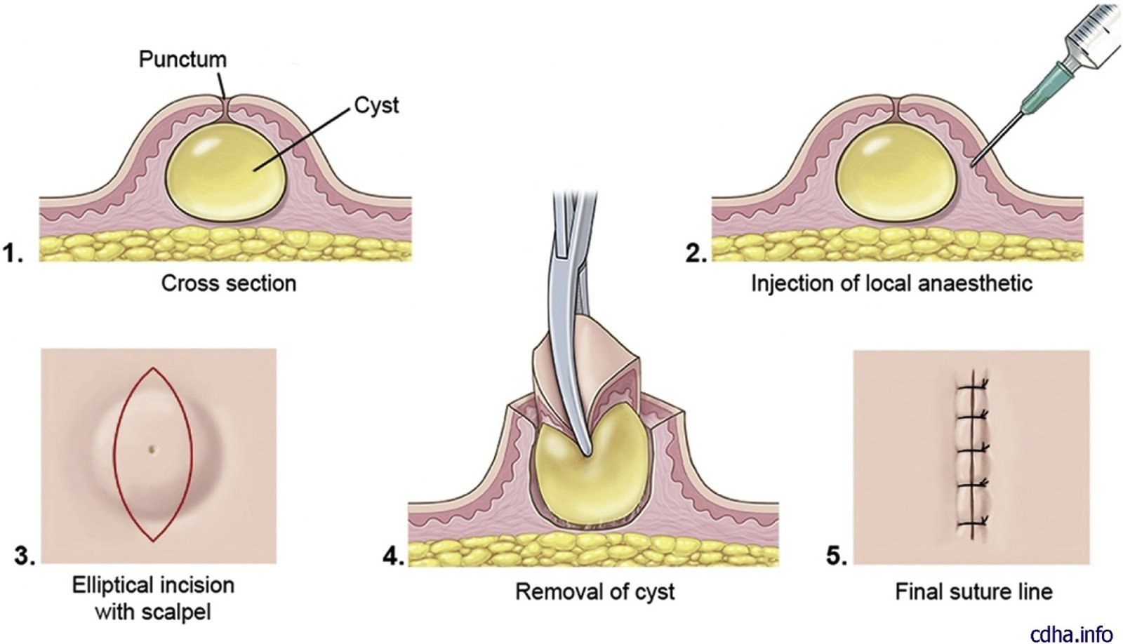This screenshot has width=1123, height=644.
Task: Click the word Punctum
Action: pyautogui.click(x=182, y=60)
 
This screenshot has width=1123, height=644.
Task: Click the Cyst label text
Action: pyautogui.click(x=376, y=105)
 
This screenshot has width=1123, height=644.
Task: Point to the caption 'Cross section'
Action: pyautogui.click(x=229, y=283)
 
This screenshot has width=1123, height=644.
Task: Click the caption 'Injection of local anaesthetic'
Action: pyautogui.click(x=891, y=283)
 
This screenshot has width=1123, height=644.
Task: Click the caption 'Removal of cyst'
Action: pyautogui.click(x=594, y=591)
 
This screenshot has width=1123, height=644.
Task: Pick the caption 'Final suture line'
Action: pyautogui.click(x=974, y=591)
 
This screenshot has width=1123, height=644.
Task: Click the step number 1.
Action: pyautogui.click(x=14, y=253)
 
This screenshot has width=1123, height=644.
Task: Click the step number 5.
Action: pyautogui.click(x=835, y=556)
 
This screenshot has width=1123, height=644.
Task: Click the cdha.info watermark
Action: pyautogui.click(x=1071, y=633)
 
